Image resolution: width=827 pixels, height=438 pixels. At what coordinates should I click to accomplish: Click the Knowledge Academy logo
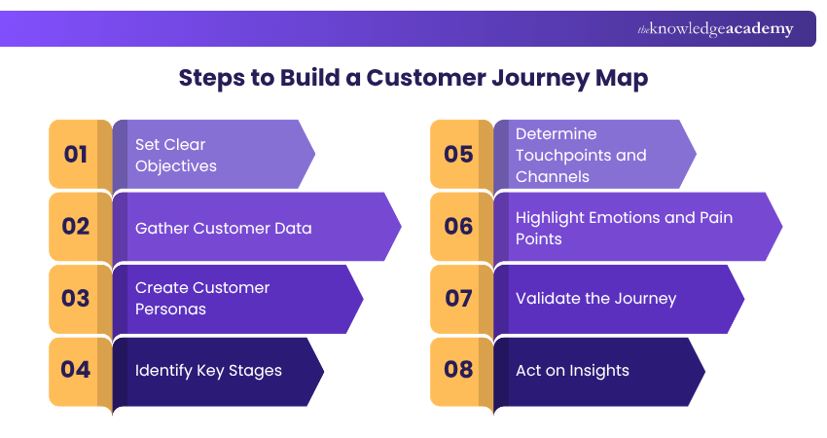[715, 29]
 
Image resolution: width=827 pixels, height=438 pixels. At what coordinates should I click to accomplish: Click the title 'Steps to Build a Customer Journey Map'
[413, 79]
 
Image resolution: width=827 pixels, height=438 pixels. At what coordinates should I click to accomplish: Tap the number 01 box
[76, 155]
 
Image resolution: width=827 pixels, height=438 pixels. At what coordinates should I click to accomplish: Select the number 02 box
[76, 227]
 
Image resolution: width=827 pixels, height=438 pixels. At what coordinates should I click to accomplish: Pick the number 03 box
[76, 299]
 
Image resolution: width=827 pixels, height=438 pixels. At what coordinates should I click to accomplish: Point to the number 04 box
[76, 370]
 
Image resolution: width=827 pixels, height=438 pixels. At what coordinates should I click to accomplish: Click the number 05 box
[457, 155]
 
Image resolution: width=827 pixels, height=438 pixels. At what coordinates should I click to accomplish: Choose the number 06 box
[457, 227]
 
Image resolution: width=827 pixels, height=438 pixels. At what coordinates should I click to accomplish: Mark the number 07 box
[457, 299]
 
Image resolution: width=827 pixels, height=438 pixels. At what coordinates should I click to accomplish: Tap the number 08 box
[457, 370]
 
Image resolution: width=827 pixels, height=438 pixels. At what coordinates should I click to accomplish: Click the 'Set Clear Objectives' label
[175, 155]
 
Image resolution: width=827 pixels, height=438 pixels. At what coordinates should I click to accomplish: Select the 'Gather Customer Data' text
[223, 228]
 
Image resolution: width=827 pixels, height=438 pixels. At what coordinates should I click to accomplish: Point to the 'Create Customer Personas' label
[202, 298]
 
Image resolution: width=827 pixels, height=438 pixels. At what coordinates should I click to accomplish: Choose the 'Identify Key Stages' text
[208, 370]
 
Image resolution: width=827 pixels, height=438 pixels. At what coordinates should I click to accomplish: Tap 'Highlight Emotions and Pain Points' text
[624, 228]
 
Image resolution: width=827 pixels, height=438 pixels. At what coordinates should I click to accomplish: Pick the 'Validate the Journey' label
[595, 299]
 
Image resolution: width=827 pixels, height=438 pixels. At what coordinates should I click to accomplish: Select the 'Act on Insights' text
[572, 370]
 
